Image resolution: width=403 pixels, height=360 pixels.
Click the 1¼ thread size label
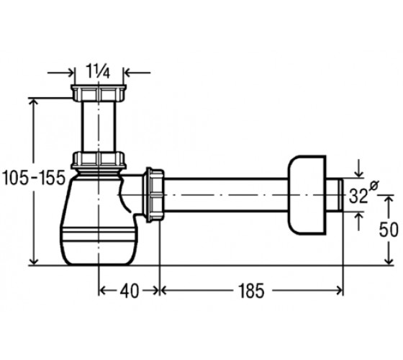tap(98, 71)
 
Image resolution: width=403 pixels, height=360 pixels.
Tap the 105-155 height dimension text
tap(34, 178)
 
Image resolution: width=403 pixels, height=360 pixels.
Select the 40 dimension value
tap(130, 292)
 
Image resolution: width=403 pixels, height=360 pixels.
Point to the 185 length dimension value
tap(251, 291)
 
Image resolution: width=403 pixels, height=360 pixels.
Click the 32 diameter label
tap(358, 196)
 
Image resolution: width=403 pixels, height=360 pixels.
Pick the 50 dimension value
tap(389, 230)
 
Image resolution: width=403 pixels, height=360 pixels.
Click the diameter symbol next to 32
tap(373, 185)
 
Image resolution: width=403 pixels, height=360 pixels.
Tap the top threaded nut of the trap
tap(99, 93)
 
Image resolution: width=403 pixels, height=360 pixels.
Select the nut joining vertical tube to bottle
tap(99, 160)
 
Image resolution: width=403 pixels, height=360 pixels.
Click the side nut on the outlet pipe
tap(155, 194)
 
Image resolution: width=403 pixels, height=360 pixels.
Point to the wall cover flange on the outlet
tap(307, 195)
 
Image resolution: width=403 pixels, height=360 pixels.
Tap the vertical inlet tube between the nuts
tap(99, 127)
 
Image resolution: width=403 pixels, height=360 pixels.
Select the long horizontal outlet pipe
tap(226, 194)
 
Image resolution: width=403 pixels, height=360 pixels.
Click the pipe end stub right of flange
tap(335, 195)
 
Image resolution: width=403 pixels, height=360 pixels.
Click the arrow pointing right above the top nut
tap(61, 73)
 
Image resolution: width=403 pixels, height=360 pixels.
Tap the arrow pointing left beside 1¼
tap(137, 73)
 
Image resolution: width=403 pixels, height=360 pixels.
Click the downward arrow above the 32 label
tap(359, 168)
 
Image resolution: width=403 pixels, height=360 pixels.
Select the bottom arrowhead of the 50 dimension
tap(389, 260)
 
